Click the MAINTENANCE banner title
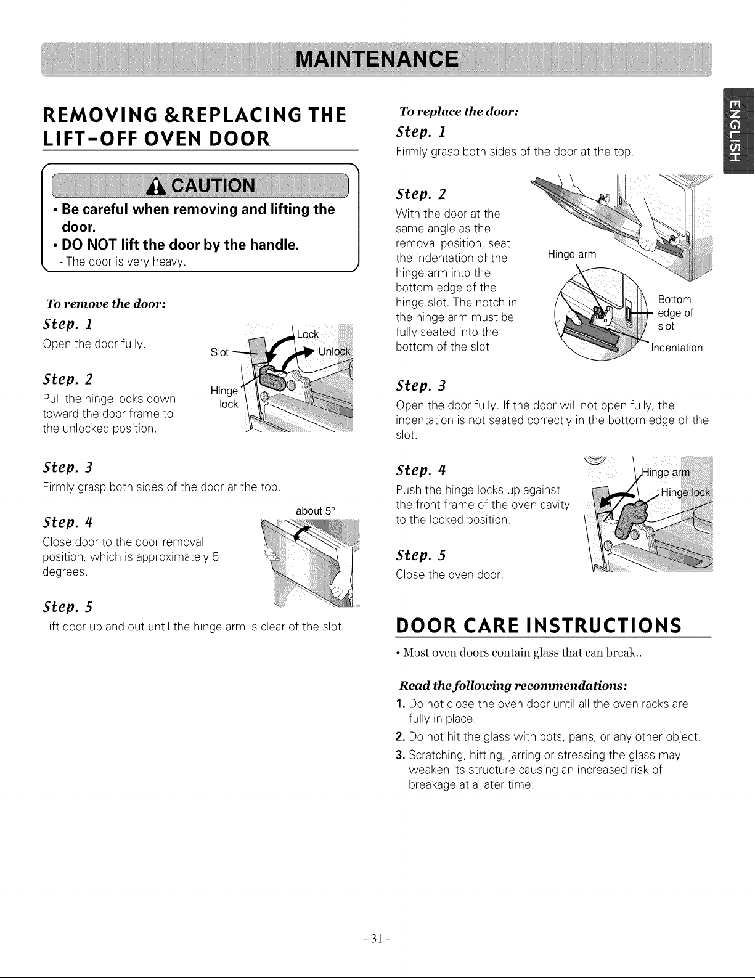pos(377,59)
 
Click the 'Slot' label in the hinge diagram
pos(219,352)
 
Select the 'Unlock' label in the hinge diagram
pos(334,351)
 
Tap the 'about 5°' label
pos(316,511)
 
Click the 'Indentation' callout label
pos(677,348)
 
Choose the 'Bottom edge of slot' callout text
pos(675,313)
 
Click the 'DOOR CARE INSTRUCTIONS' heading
pos(539,625)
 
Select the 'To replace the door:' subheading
pos(459,112)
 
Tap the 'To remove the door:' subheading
pos(106,304)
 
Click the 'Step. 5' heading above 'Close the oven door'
pos(421,555)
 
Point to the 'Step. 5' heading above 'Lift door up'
pos(68,607)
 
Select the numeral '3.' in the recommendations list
pos(401,755)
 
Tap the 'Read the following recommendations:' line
pos(513,685)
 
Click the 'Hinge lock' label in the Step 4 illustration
pos(685,492)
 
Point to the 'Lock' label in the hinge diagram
pos(308,335)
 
